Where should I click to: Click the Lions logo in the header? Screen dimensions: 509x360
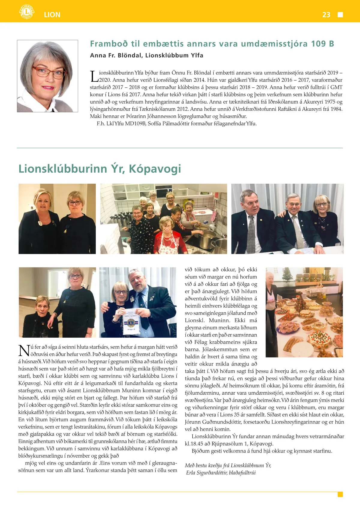[x=26, y=12]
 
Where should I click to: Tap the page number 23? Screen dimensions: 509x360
[x=326, y=15]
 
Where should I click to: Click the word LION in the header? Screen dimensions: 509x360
[x=52, y=15]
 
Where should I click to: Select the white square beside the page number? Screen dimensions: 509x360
[x=340, y=15]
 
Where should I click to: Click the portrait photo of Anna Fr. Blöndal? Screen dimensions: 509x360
[x=47, y=76]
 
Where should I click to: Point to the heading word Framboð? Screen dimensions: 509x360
[x=109, y=44]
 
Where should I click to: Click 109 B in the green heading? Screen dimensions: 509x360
[x=322, y=44]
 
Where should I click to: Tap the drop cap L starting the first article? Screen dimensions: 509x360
[x=94, y=76]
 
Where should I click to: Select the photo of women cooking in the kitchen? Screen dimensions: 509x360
[x=163, y=219]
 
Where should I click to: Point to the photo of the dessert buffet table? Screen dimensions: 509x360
[x=304, y=312]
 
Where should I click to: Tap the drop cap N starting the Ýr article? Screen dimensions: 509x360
[x=24, y=351]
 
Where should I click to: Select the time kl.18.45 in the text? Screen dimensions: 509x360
[x=194, y=444]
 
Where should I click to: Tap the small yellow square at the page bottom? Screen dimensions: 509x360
[x=340, y=494]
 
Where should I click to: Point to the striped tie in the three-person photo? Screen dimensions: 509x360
[x=298, y=231]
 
